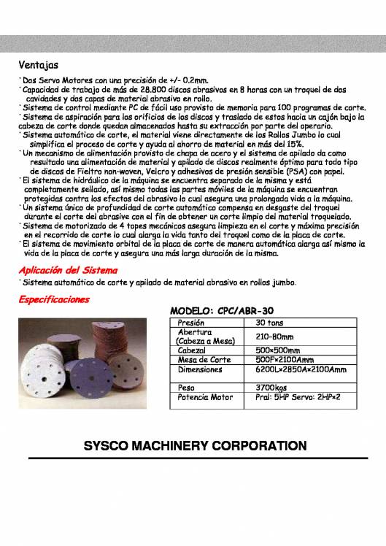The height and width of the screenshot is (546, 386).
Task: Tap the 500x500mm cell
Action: point(279,350)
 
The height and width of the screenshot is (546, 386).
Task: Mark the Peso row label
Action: point(186,387)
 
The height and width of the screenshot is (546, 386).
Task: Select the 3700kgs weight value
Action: point(271,387)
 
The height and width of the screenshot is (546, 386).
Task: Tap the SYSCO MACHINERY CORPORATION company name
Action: point(193,445)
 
